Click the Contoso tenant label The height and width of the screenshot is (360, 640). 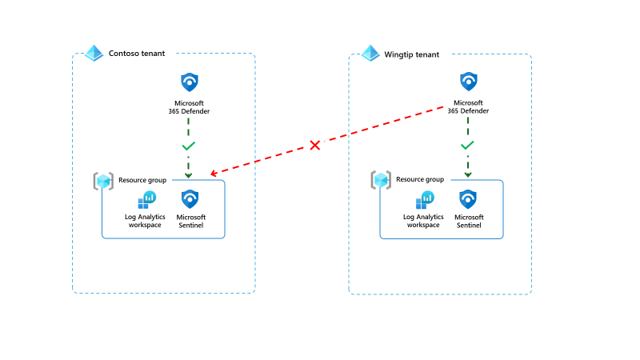[137, 54]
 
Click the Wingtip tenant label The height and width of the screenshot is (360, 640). [412, 54]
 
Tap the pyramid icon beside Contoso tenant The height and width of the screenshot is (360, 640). [94, 54]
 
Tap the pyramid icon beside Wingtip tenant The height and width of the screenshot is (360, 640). [370, 54]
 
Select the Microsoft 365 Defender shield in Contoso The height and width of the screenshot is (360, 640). [189, 82]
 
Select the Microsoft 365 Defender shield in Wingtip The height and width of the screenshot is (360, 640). [468, 82]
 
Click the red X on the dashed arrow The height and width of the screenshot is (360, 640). [315, 145]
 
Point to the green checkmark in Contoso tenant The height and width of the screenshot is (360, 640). [189, 146]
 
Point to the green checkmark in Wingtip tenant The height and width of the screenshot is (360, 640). [468, 146]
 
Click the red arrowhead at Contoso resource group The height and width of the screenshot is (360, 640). [214, 174]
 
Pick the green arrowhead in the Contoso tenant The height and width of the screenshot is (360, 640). [189, 174]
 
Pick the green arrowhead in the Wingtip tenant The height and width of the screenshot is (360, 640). [468, 174]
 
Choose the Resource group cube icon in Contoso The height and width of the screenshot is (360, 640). [103, 181]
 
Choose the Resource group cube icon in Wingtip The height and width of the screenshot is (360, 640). [381, 181]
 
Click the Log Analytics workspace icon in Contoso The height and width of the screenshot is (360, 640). [146, 200]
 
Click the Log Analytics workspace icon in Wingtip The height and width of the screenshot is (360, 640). [424, 200]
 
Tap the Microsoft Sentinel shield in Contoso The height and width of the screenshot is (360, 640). [190, 200]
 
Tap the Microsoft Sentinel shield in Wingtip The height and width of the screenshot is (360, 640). [468, 200]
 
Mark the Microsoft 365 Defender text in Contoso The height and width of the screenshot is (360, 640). [189, 106]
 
